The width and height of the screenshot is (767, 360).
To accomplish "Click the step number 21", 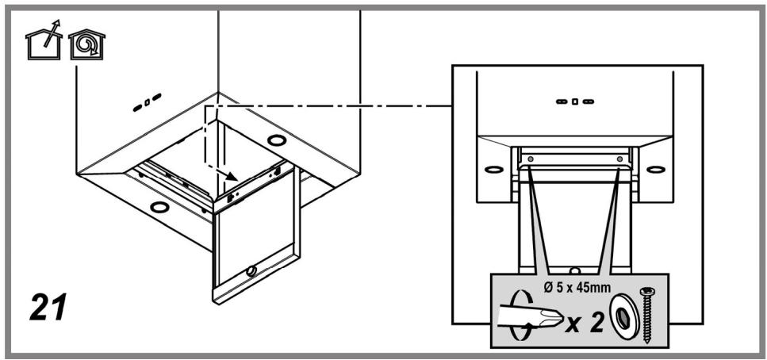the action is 48,307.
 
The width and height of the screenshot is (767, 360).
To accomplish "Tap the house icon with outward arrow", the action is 44,40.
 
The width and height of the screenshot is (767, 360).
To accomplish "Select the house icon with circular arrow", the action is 86,45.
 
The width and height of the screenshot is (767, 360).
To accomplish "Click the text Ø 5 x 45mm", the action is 577,288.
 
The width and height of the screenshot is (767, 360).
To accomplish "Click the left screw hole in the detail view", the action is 531,159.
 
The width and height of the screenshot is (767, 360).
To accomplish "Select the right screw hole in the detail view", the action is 620,159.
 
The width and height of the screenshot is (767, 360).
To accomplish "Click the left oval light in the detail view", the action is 494,170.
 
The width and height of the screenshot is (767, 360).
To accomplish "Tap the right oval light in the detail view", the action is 655,170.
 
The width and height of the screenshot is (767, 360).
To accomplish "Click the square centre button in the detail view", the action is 575,101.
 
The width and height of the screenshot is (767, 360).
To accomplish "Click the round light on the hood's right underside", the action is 278,140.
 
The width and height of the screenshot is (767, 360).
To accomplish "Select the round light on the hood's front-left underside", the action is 159,208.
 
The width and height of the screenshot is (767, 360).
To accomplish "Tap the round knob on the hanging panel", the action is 252,270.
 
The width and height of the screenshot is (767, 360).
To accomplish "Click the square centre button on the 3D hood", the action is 148,103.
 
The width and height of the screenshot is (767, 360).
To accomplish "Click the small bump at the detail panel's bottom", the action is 575,270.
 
